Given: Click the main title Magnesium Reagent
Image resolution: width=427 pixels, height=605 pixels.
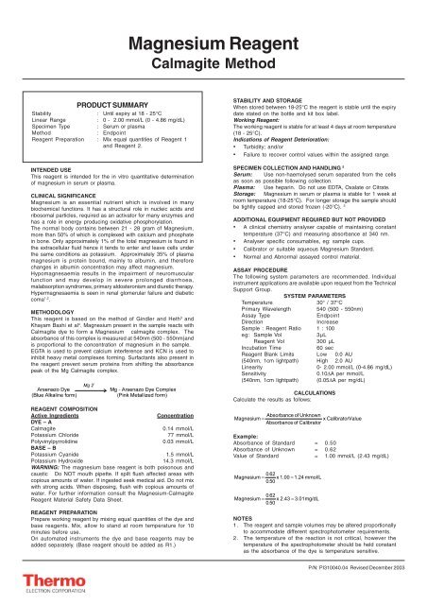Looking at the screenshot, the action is coord(213,21).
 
